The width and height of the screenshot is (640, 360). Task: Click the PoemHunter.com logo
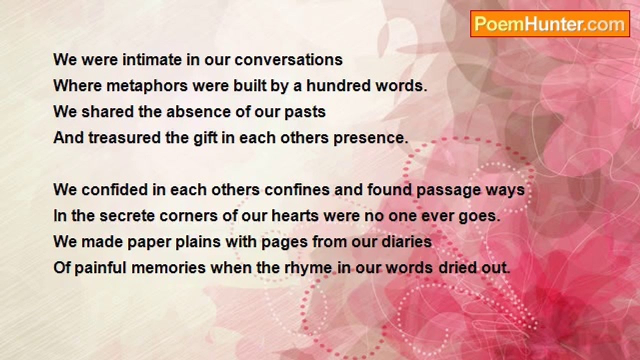coord(550,24)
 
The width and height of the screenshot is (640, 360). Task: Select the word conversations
coord(288,59)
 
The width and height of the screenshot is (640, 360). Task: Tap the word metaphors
coord(147,85)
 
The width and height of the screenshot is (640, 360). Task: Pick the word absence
coord(198,111)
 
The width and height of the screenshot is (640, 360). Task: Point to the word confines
coord(297,189)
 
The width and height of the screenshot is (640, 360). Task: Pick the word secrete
coord(127,216)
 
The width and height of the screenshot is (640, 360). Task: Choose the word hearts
coord(295,216)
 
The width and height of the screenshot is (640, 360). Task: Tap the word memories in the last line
coord(168,267)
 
